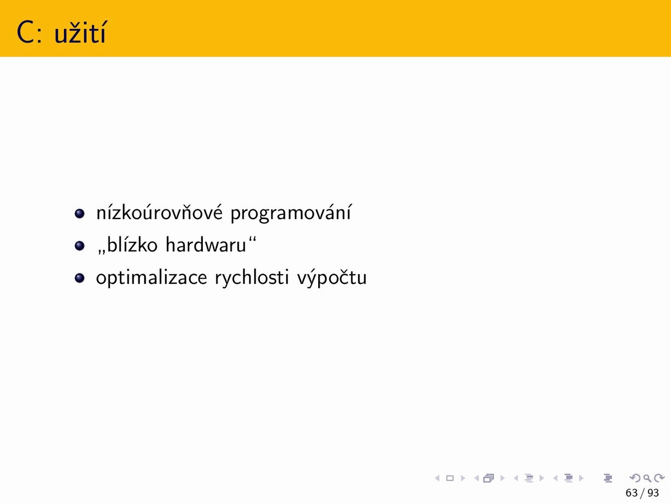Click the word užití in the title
[80, 32]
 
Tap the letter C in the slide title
[25, 32]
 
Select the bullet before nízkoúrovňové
[80, 213]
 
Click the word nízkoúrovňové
[159, 212]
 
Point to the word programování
[291, 213]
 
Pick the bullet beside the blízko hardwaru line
[80, 246]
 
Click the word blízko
[132, 244]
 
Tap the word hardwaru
[205, 244]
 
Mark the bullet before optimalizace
[80, 278]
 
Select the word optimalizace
[151, 278]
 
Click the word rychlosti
[252, 278]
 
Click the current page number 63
[632, 493]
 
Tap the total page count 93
[653, 493]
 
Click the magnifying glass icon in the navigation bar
[647, 478]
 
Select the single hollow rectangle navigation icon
[450, 478]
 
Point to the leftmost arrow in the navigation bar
[437, 478]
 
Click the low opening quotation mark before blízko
[101, 252]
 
